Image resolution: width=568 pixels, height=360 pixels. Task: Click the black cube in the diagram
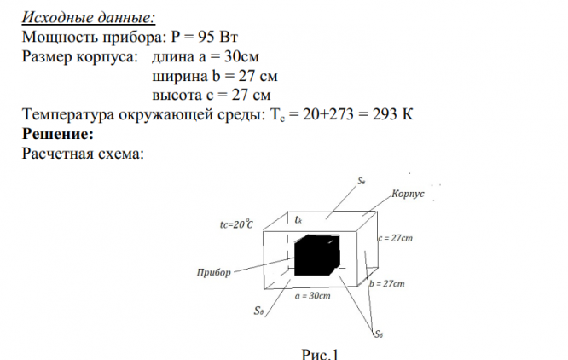click(317, 257)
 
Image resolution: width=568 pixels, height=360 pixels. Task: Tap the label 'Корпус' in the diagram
click(408, 195)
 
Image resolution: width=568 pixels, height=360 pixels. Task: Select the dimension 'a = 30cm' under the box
click(313, 296)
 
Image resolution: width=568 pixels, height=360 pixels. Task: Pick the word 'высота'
click(177, 96)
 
